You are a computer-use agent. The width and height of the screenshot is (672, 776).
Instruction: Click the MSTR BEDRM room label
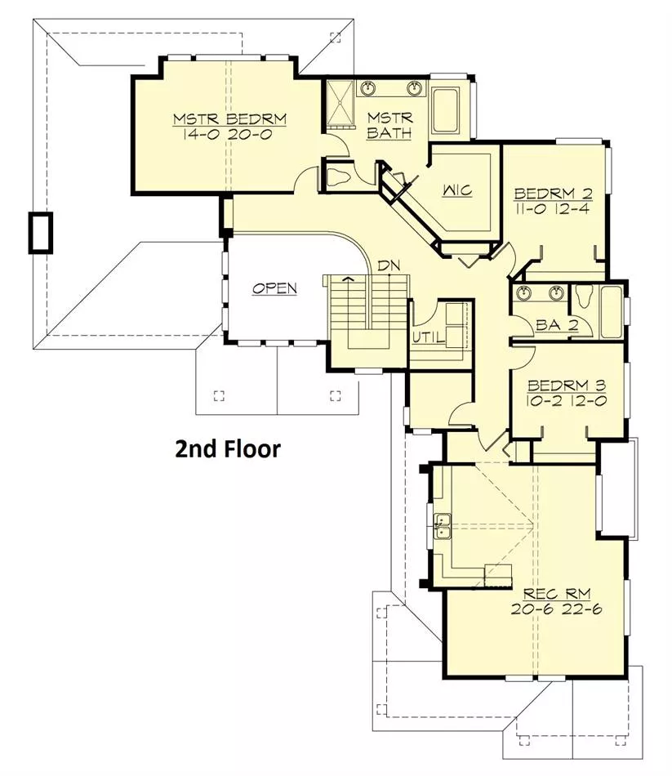(229, 118)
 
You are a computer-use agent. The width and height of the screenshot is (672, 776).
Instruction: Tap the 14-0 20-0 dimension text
(227, 134)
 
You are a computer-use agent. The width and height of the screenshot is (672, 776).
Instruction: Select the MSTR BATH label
(389, 125)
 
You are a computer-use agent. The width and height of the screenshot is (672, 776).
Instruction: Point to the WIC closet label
(457, 190)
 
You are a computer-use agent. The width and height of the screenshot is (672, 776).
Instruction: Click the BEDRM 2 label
(553, 193)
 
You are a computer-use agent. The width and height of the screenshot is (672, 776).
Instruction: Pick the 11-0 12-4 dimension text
(553, 208)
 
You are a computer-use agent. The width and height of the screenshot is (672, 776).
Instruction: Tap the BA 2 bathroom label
(557, 325)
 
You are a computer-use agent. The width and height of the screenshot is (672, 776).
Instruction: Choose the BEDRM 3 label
(567, 385)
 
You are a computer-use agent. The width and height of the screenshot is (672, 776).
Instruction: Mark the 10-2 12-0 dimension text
(567, 400)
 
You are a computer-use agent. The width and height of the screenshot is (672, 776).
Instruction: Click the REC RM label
(557, 593)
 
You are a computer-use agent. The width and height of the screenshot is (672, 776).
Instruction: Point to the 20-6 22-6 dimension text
(557, 609)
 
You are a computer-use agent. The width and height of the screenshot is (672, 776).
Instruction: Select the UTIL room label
(429, 337)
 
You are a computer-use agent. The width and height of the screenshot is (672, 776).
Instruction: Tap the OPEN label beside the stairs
(274, 288)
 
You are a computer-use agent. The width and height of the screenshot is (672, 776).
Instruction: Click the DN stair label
(389, 265)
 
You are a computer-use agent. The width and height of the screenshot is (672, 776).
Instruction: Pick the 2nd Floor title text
(228, 448)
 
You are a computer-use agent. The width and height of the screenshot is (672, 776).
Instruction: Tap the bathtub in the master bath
(445, 110)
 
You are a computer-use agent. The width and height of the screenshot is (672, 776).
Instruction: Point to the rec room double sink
(443, 526)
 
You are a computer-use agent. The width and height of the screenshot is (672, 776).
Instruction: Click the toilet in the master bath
(339, 176)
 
